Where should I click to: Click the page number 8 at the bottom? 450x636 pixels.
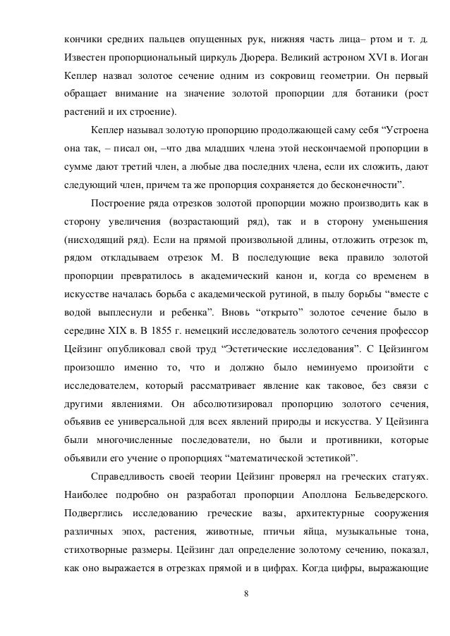click(x=245, y=601)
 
